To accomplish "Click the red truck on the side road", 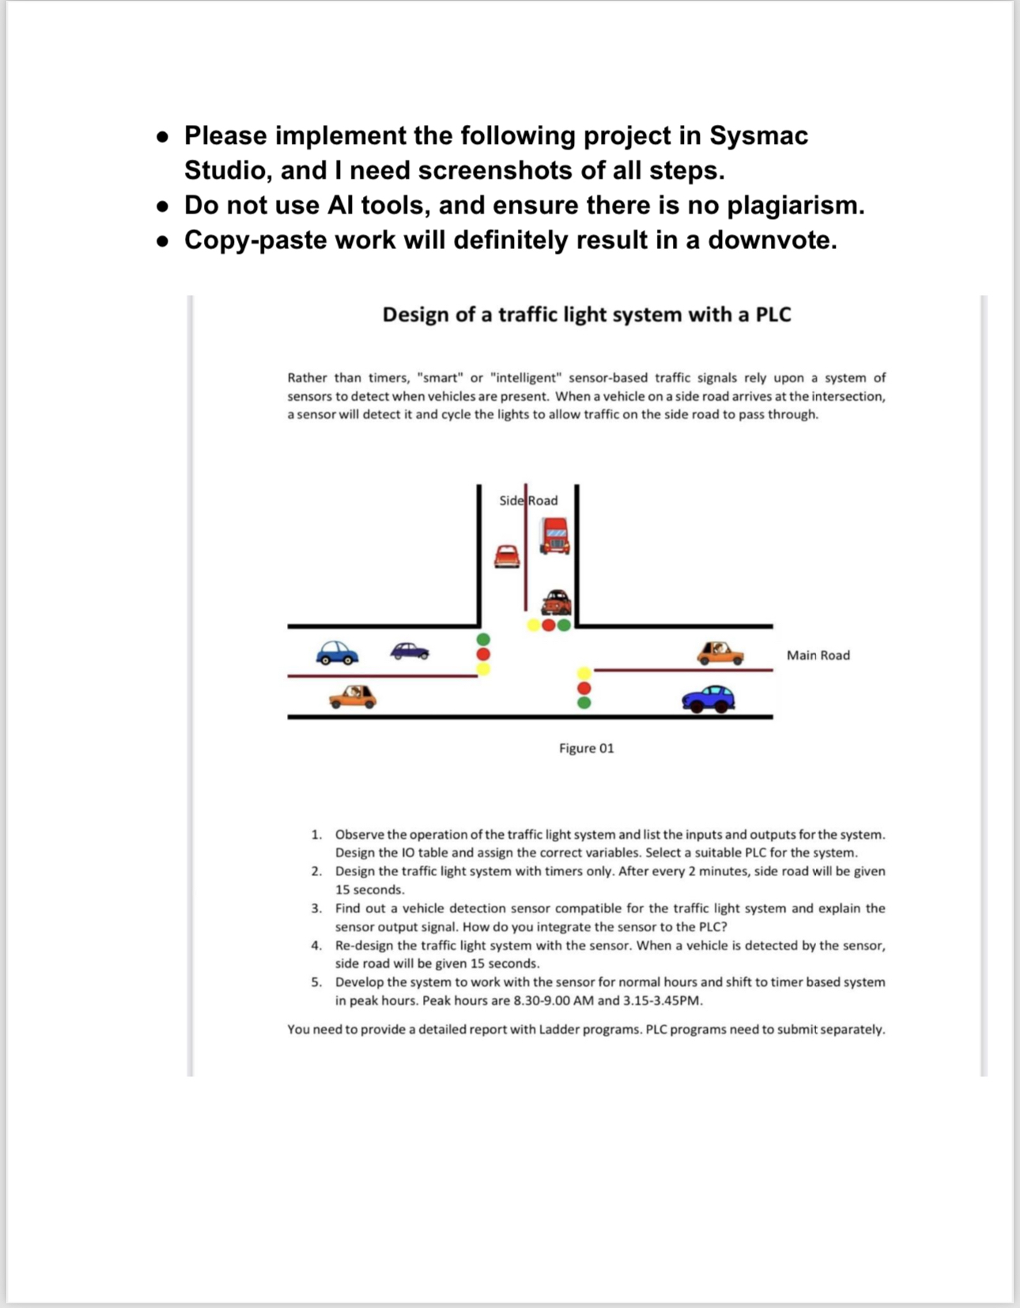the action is (554, 535).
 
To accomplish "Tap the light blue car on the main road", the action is (337, 652).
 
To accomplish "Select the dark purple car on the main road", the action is (410, 650).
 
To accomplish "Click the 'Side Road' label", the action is (528, 501).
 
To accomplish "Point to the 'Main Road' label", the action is (818, 655).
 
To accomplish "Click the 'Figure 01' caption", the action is (586, 748).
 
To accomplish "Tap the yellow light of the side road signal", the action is (534, 626).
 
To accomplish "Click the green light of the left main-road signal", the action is (483, 639).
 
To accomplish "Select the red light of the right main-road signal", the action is (584, 688).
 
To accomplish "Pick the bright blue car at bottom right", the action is (708, 699).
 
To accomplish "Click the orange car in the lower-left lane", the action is (353, 697).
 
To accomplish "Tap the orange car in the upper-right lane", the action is (720, 653).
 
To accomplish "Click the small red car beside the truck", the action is (507, 556).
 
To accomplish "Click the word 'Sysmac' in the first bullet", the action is (758, 135).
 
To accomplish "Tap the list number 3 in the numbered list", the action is (315, 908).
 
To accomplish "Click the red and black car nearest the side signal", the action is (556, 603).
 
